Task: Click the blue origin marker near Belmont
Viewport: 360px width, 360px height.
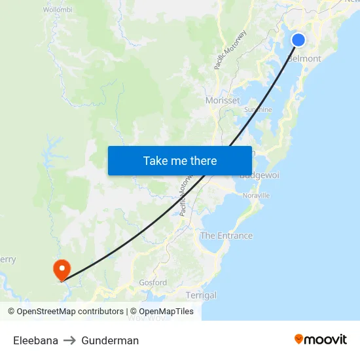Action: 298,40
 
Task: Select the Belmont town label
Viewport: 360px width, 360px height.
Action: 305,58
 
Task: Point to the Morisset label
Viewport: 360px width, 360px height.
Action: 223,100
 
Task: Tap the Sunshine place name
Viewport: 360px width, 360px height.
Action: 258,110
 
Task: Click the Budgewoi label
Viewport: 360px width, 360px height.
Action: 259,175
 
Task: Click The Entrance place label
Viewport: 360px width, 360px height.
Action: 226,236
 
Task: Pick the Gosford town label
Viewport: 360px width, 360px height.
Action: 153,283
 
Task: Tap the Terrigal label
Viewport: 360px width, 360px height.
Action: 201,295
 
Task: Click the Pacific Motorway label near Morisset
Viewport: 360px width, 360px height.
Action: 230,50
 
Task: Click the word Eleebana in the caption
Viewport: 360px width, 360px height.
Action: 35,340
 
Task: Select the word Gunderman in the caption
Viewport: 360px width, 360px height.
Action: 110,340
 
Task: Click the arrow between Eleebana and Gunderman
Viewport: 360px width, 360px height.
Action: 70,340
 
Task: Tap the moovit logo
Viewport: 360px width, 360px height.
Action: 320,339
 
